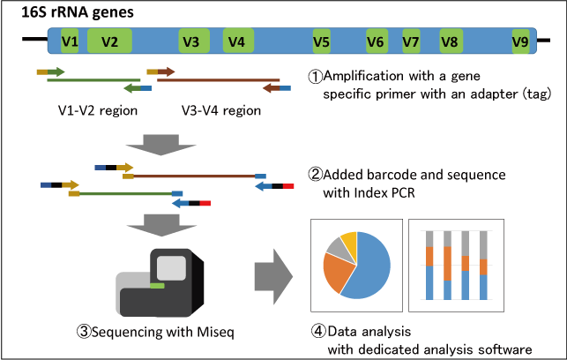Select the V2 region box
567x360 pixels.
[109, 41]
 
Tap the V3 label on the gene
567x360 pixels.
[190, 41]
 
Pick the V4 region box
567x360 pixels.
[235, 41]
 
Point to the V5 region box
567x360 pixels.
[321, 41]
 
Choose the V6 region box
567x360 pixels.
[376, 41]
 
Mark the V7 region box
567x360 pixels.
[411, 41]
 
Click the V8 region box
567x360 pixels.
[450, 41]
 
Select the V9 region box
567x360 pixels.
[520, 41]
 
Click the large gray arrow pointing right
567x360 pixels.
[272, 276]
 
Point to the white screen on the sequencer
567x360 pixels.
[171, 268]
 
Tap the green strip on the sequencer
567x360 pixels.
[157, 285]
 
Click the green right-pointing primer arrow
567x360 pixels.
[56, 71]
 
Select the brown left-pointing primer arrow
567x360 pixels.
[271, 88]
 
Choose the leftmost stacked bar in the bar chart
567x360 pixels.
[429, 265]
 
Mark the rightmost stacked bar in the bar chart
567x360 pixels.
[482, 265]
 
